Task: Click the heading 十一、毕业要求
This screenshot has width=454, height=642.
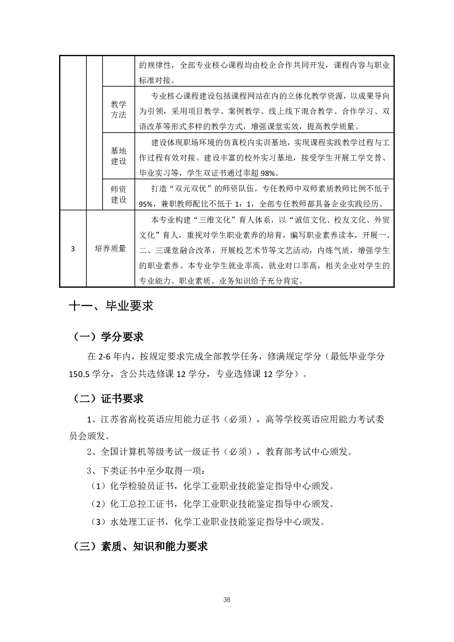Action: tap(111, 306)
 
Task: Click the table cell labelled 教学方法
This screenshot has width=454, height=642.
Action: tap(119, 109)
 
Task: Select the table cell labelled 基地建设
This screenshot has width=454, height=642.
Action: tap(119, 156)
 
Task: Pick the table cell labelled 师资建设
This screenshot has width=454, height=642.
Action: tap(119, 194)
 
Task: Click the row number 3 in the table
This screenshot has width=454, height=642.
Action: tap(73, 249)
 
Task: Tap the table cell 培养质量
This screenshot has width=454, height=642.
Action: tap(111, 249)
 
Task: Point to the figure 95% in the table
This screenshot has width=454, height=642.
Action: tap(145, 204)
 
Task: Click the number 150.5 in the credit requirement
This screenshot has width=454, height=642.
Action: tap(79, 374)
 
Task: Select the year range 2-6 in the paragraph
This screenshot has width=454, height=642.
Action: tap(105, 357)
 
